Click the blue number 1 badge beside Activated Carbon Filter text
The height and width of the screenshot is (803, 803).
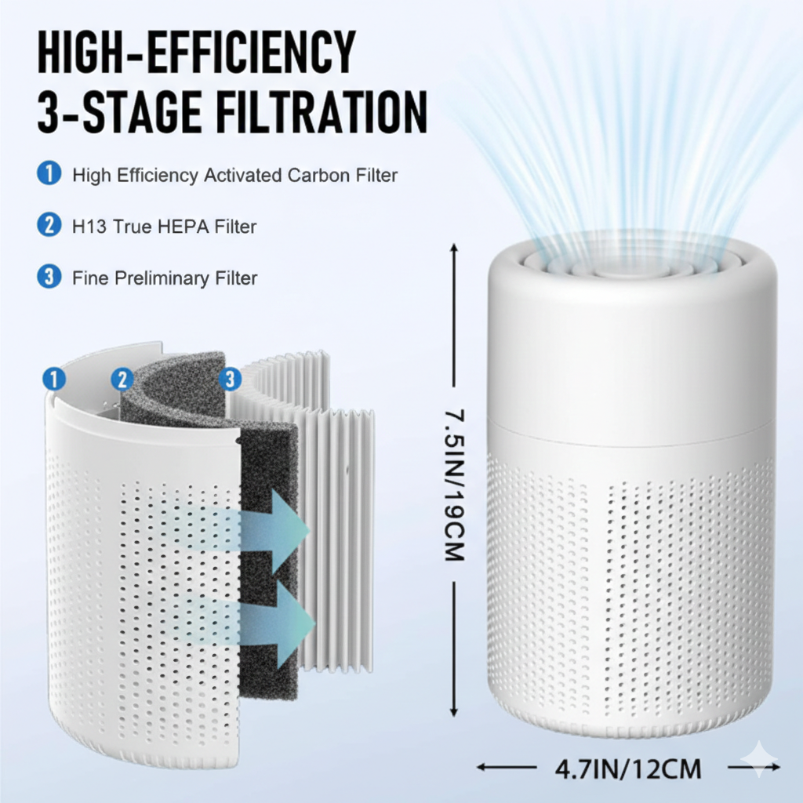(x=49, y=174)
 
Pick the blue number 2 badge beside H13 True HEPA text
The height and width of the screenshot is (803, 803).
(x=49, y=226)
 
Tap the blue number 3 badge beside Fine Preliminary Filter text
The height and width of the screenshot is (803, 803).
(x=49, y=277)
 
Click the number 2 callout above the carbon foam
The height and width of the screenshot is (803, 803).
(x=122, y=380)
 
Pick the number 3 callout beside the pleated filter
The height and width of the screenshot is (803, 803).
(x=230, y=380)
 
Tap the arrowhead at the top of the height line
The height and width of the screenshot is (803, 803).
(x=453, y=248)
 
